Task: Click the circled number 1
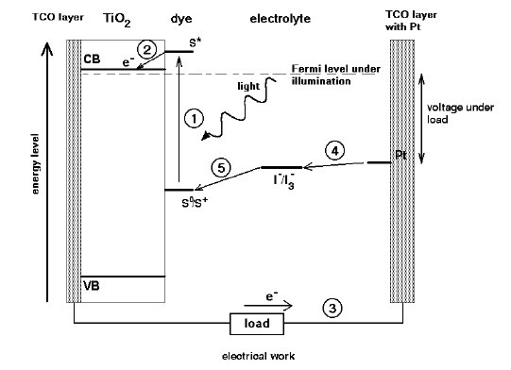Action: (x=193, y=119)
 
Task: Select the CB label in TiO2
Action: (x=92, y=59)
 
